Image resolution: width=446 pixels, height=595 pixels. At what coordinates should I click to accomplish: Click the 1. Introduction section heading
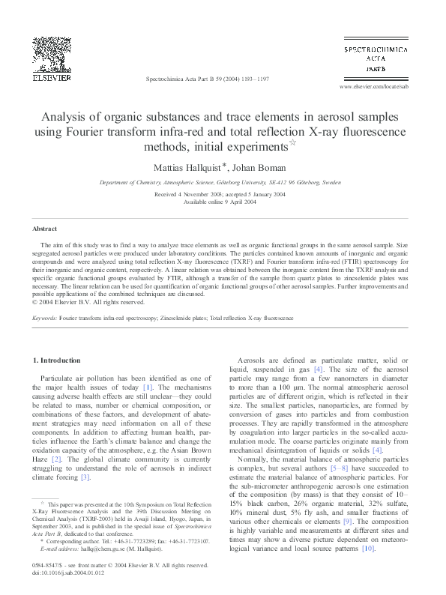[x=58, y=360]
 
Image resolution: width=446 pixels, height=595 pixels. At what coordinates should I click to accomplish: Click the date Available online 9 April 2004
[x=223, y=201]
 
